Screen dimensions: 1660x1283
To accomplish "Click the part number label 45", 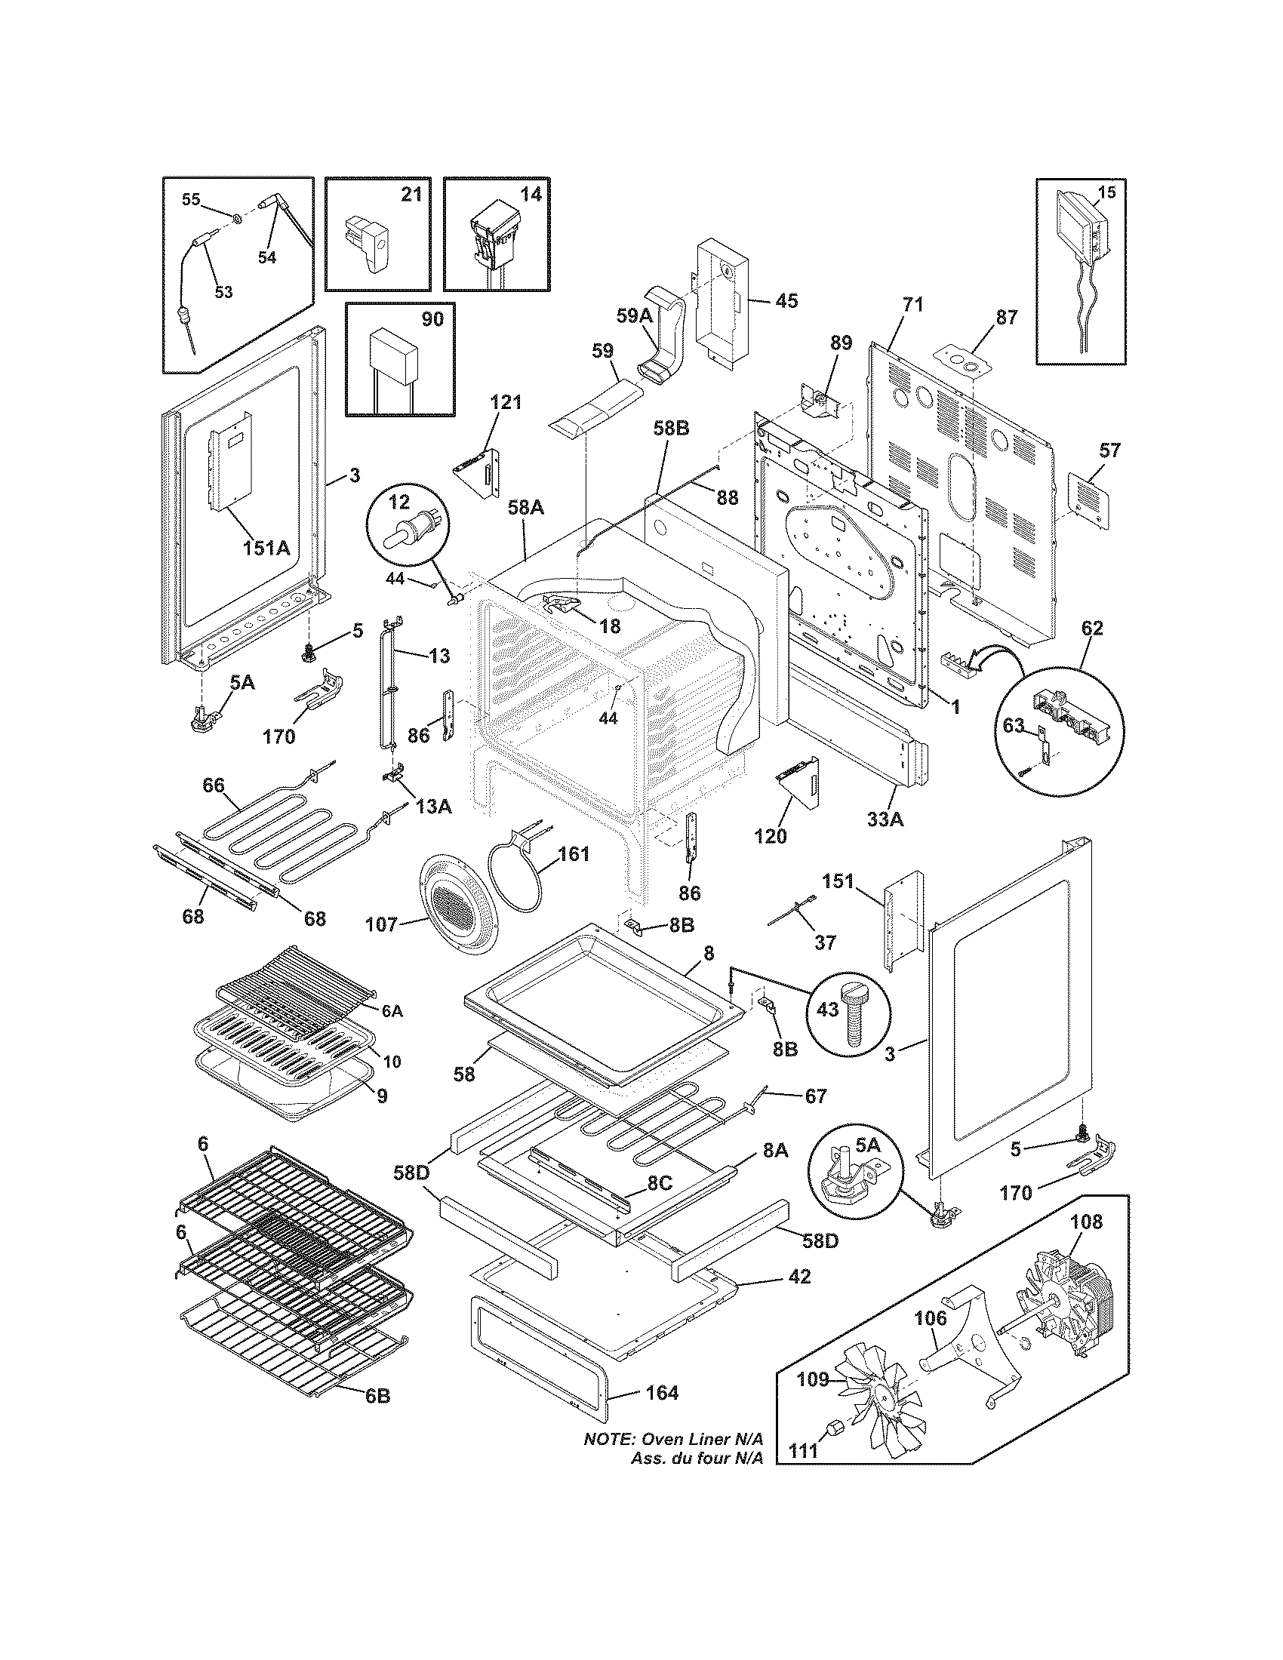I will point(786,301).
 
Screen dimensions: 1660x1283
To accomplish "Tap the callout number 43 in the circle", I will point(827,1010).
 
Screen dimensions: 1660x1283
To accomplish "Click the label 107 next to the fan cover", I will point(381,924).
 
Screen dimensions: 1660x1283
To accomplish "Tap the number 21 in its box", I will point(411,195).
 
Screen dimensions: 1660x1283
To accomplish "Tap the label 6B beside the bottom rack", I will point(377,1396).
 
